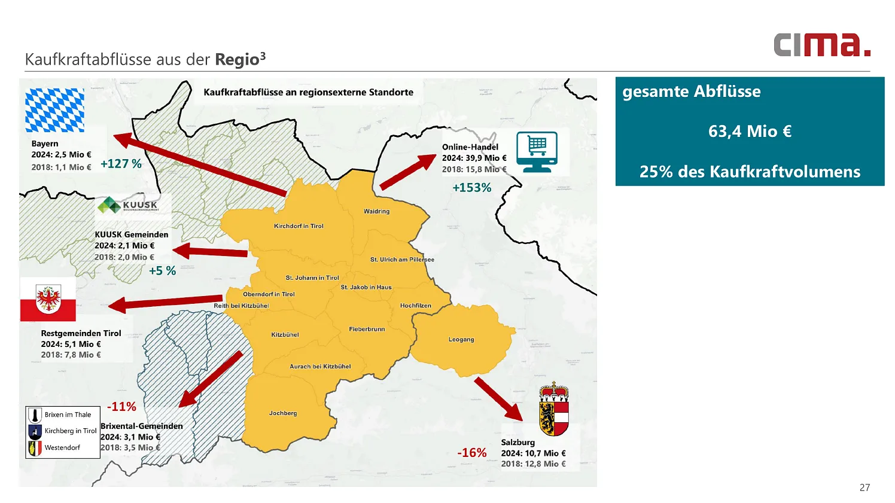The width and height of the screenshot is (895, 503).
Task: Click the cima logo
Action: click(x=821, y=45)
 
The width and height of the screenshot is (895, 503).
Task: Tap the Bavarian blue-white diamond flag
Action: click(x=54, y=110)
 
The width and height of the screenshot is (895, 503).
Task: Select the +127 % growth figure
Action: click(x=121, y=164)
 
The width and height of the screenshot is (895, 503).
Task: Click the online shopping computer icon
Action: click(x=537, y=152)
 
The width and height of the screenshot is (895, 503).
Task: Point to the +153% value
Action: click(x=471, y=188)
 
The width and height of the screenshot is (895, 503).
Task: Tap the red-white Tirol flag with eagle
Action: click(x=48, y=300)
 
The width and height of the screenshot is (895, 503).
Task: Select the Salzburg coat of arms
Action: click(x=553, y=410)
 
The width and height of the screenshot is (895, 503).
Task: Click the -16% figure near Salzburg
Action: click(x=471, y=453)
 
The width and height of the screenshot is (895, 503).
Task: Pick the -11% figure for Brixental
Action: click(x=121, y=407)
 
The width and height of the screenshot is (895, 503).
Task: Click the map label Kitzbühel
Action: click(x=285, y=335)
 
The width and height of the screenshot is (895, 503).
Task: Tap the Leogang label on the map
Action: click(x=461, y=340)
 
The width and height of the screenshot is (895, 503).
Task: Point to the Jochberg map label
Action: click(x=283, y=413)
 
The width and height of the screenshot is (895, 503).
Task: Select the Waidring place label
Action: click(x=376, y=212)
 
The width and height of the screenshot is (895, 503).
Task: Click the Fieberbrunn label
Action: click(x=367, y=330)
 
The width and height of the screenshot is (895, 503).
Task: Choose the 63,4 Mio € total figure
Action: click(x=750, y=132)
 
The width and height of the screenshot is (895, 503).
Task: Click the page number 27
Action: click(x=864, y=487)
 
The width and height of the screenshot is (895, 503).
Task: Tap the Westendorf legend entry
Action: click(x=62, y=447)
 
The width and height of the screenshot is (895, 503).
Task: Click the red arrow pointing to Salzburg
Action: click(x=498, y=399)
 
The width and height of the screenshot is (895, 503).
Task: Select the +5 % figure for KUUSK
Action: click(x=162, y=271)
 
